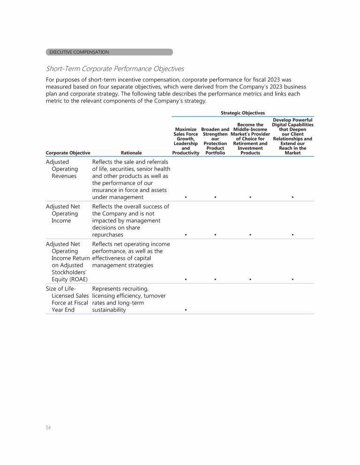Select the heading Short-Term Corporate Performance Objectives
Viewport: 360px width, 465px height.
point(115,69)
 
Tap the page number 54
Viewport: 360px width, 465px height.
point(48,428)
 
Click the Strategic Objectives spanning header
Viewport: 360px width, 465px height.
point(242,113)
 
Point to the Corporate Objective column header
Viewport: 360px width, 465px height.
point(68,153)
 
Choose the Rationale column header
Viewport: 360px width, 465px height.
point(131,153)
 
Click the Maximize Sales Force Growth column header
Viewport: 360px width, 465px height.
point(186,141)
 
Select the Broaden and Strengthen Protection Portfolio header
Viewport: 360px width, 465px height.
point(215,141)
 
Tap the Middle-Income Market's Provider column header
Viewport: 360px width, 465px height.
point(250,138)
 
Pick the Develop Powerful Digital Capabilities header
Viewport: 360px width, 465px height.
point(292,136)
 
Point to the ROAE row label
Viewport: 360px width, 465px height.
point(67,262)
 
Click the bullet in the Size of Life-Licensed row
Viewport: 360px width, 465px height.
point(186,310)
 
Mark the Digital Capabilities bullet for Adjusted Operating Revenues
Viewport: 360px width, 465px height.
point(292,198)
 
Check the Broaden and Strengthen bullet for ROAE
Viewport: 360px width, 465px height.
point(215,280)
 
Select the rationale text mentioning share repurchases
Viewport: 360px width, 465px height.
point(131,221)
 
